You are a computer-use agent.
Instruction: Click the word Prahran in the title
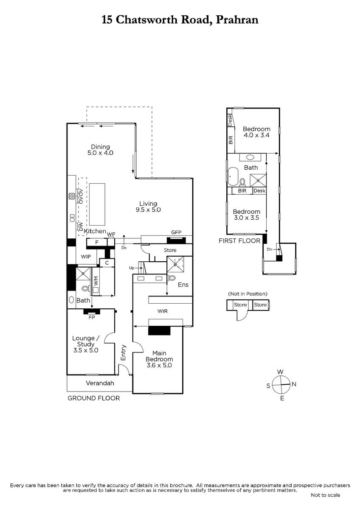point(237,20)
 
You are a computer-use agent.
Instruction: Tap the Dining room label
point(100,150)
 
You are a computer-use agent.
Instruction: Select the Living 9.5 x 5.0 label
point(148,207)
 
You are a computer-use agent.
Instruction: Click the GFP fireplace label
point(176,232)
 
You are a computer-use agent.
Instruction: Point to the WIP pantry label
point(86,257)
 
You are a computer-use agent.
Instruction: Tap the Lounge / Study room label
point(86,344)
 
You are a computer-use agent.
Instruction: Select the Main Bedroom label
point(159,359)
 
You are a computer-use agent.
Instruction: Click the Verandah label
point(100,383)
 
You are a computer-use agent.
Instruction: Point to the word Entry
point(123,352)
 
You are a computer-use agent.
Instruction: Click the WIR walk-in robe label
point(162,311)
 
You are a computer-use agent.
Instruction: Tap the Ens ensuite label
point(183,285)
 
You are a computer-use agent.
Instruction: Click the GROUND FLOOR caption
point(94,398)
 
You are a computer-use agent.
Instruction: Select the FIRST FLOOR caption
point(239,241)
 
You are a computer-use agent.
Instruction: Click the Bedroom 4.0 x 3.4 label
point(256,132)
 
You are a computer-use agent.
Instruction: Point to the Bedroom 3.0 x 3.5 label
point(247,215)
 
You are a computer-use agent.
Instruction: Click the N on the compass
point(294,384)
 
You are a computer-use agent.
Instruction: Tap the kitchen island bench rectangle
point(97,204)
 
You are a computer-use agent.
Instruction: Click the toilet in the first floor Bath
point(242,182)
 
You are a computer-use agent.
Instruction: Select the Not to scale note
point(326,495)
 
